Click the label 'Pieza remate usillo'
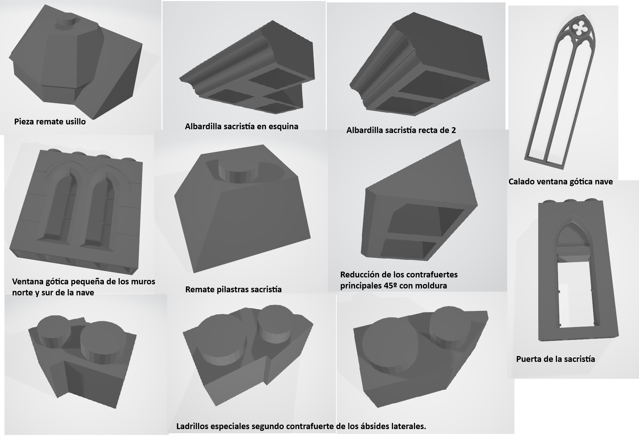[x=50, y=122]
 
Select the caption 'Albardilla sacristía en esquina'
[x=242, y=126]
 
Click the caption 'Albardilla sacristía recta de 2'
[x=401, y=130]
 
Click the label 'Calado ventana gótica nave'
[x=561, y=182]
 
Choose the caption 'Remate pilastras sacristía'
[x=233, y=290]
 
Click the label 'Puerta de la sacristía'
[x=556, y=359]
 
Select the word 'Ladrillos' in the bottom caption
[x=194, y=426]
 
